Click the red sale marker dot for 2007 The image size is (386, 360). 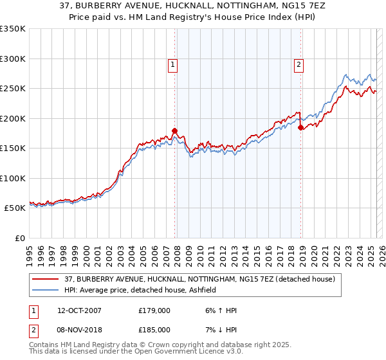coord(174,130)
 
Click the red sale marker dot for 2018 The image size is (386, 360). coord(300,127)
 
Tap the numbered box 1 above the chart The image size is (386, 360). coord(174,64)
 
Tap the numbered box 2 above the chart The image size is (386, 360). coord(300,64)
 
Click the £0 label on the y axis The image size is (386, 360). coord(19,239)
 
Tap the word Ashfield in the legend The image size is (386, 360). coord(207,291)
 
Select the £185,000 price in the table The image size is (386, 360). coord(154,329)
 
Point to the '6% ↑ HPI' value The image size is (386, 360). coord(221,311)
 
